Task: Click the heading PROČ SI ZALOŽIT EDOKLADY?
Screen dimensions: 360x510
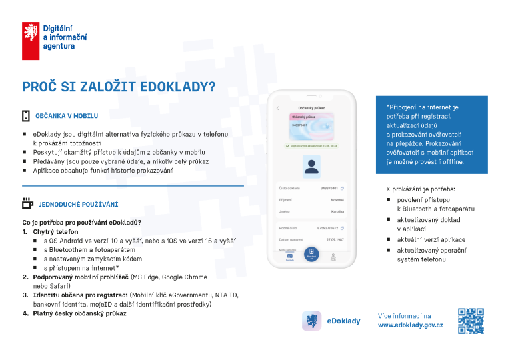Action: click(119, 87)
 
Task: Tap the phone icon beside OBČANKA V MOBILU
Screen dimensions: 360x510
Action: click(26, 116)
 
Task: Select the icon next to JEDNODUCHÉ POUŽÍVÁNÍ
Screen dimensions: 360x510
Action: click(27, 203)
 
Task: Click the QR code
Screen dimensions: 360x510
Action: click(471, 321)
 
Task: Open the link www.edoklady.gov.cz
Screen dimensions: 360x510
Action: click(410, 325)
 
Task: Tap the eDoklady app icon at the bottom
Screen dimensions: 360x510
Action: click(311, 321)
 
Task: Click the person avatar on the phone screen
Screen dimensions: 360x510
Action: click(311, 167)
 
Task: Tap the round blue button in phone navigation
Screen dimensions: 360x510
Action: click(311, 255)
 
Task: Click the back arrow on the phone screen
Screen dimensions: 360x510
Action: click(277, 108)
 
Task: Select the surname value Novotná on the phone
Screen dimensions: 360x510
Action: click(337, 199)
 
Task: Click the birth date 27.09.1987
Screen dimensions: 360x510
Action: click(335, 239)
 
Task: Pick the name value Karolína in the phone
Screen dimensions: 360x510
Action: click(337, 211)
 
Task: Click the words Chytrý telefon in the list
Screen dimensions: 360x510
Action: click(51, 231)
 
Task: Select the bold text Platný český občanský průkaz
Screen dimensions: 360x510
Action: click(79, 313)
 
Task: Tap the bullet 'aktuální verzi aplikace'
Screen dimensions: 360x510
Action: click(431, 239)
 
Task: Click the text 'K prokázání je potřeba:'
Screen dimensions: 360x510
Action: click(421, 189)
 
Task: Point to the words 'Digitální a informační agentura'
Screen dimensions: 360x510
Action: click(65, 37)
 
